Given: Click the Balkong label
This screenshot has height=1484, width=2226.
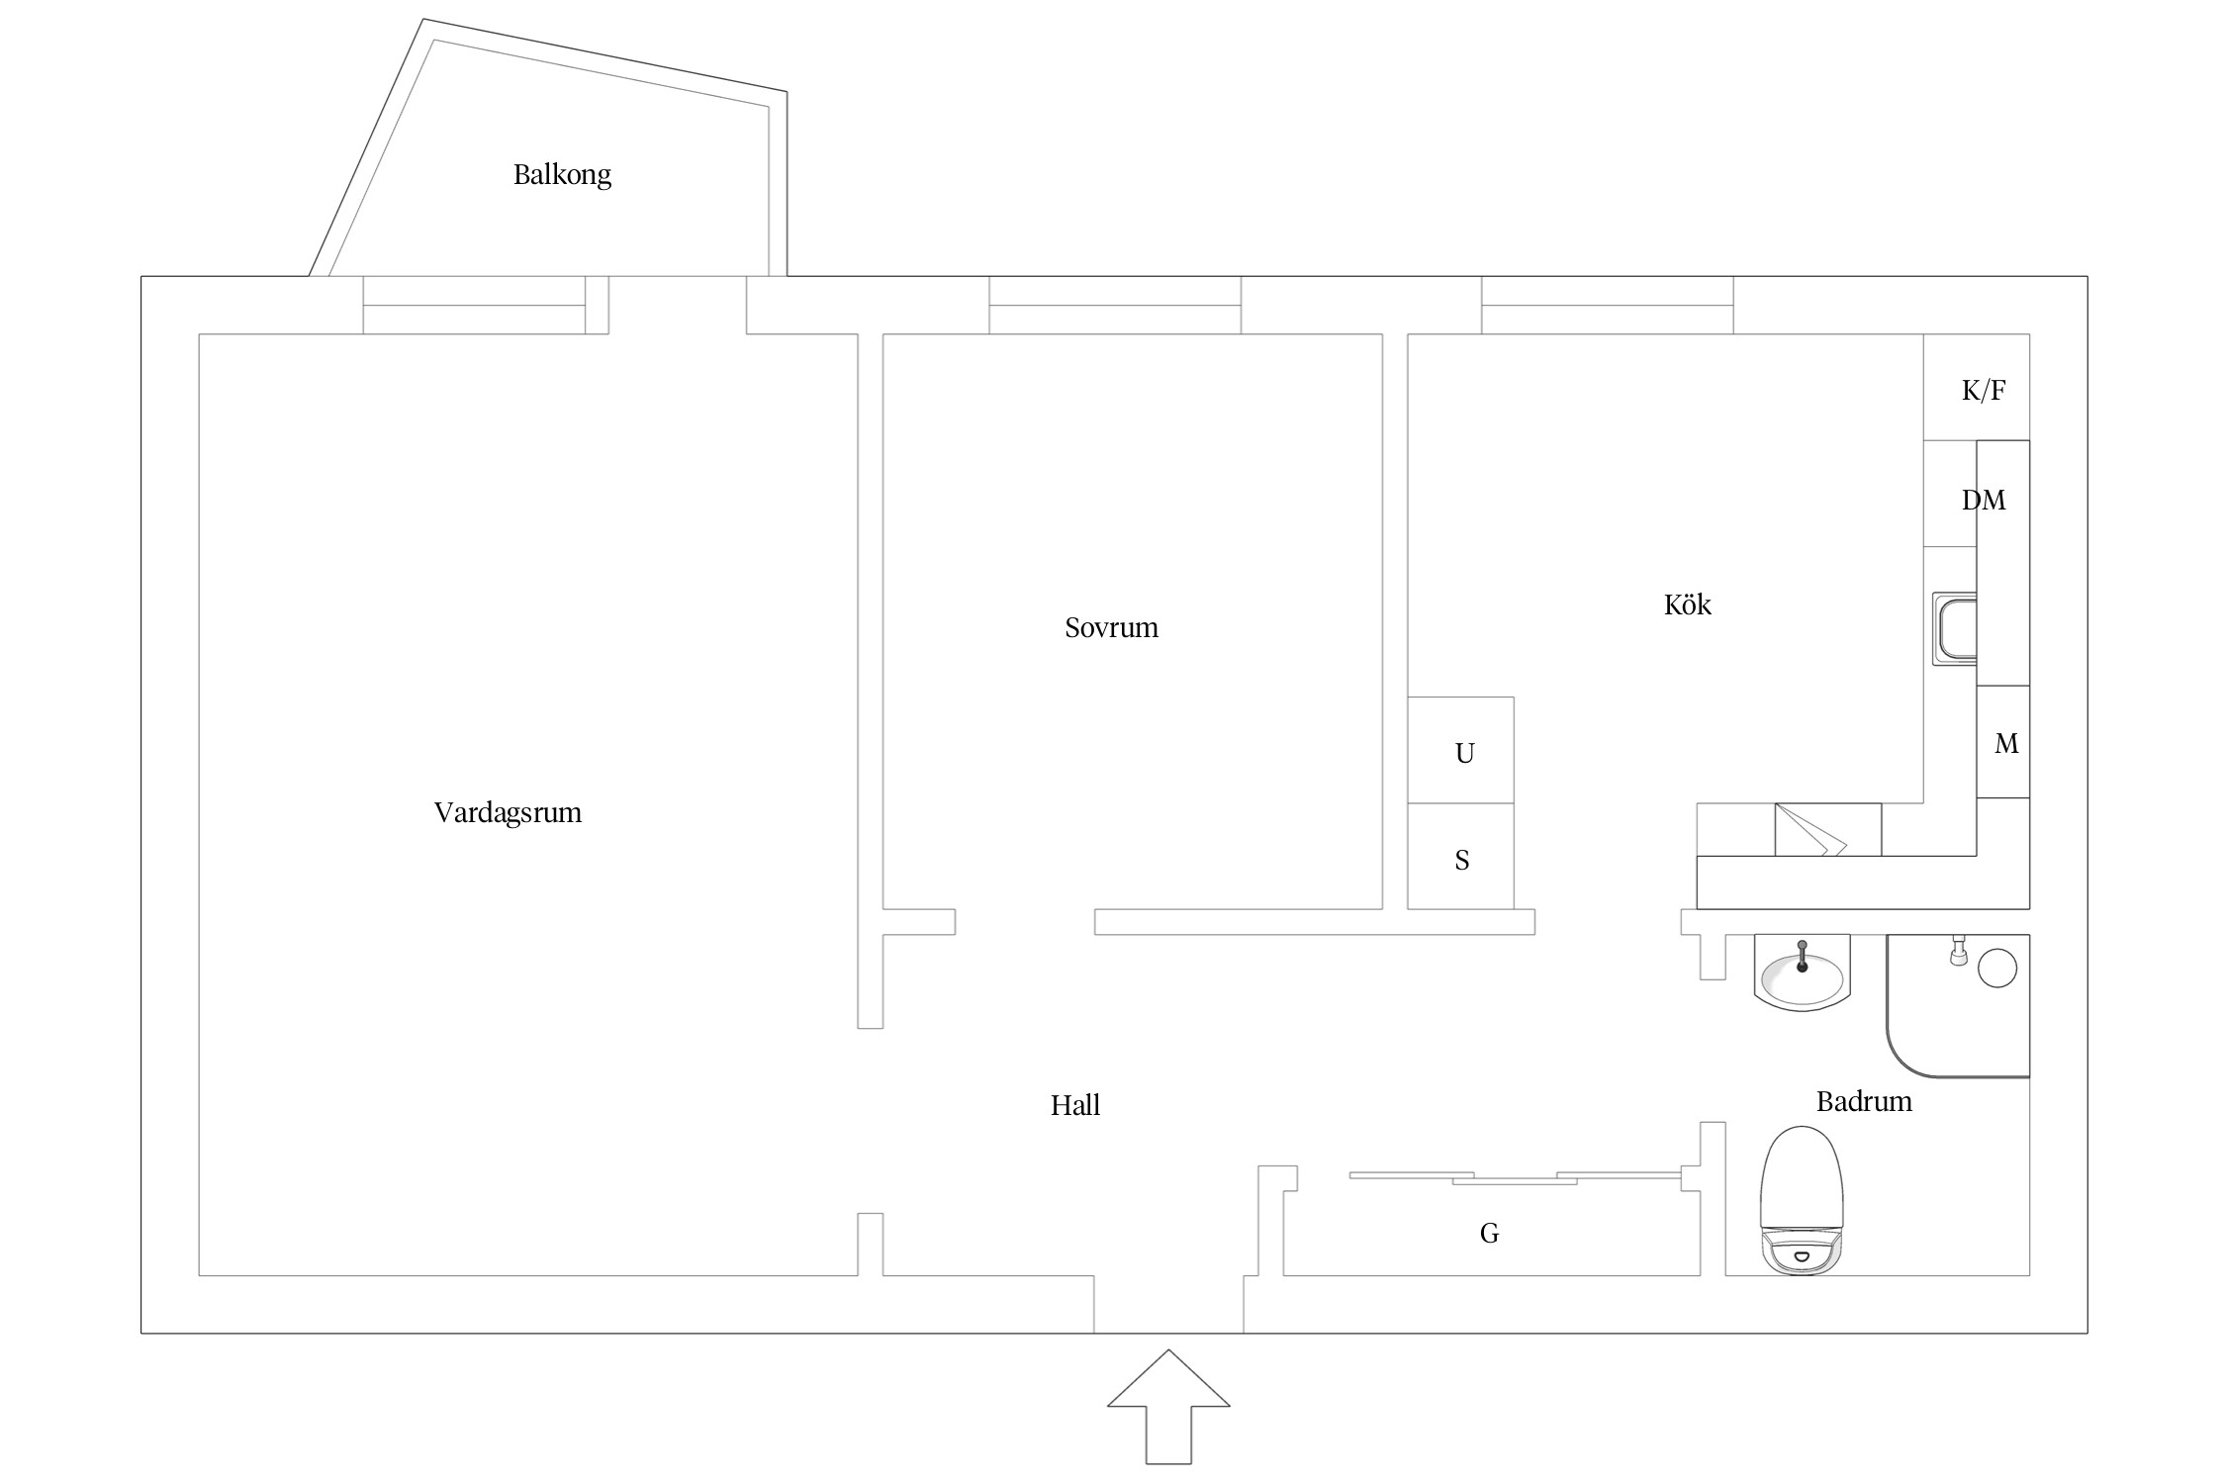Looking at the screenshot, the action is (x=562, y=175).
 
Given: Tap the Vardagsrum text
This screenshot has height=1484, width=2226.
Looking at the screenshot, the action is (x=508, y=813).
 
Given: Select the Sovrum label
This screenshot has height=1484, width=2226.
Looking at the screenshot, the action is (x=1111, y=627).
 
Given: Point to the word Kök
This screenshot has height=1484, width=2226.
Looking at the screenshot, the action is (x=1687, y=604).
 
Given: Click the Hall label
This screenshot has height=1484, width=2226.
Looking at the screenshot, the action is (x=1075, y=1105).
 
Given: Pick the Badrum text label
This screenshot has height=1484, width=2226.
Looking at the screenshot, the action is (x=1864, y=1101).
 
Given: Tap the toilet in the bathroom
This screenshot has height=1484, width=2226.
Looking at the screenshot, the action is (x=1803, y=1199).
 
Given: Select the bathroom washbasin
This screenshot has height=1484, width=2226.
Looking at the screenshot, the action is (x=1802, y=973).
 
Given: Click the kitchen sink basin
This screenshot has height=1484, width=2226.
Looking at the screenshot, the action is (x=1955, y=629).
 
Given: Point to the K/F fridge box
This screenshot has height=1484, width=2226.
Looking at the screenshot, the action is (x=1977, y=387).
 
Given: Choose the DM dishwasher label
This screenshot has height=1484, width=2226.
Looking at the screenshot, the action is (x=1984, y=501).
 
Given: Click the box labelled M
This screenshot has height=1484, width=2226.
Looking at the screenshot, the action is (x=2003, y=742).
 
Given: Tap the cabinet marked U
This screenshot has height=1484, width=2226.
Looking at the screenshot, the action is (x=1460, y=750).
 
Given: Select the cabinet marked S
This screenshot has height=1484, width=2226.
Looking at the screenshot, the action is (x=1460, y=856).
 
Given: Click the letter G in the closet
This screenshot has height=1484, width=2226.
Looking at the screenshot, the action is (x=1489, y=1233).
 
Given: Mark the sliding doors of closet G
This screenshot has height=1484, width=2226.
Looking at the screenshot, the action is (x=1515, y=1177).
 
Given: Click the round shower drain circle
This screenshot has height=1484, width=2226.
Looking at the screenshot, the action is (x=1997, y=968).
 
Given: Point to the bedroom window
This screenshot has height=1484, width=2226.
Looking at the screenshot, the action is (x=1115, y=305).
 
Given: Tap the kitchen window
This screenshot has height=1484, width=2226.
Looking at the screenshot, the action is (x=1607, y=305).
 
